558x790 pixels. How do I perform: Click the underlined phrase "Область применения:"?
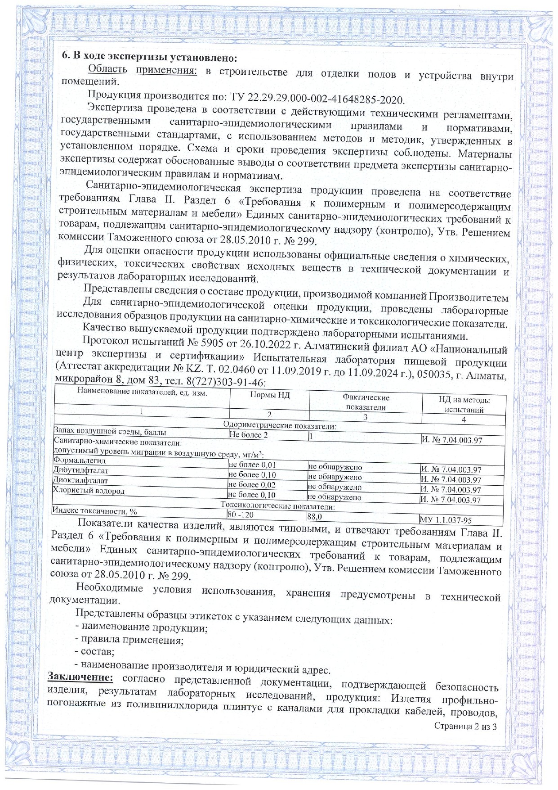pyautogui.click(x=142, y=70)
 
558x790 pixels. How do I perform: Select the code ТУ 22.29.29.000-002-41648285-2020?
pyautogui.click(x=317, y=99)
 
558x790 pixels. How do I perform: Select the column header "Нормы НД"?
pyautogui.click(x=270, y=395)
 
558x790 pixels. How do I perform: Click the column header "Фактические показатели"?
pyautogui.click(x=366, y=402)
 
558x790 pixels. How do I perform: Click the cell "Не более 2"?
pyautogui.click(x=248, y=435)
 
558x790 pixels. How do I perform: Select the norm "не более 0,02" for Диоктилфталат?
pyautogui.click(x=252, y=485)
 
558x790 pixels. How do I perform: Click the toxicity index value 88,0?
pyautogui.click(x=315, y=517)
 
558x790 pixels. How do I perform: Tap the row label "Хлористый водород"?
pyautogui.click(x=89, y=490)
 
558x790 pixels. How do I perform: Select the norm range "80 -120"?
pyautogui.click(x=241, y=515)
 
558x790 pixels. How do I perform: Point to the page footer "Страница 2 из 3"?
pyautogui.click(x=465, y=726)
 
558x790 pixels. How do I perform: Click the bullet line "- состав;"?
pyautogui.click(x=94, y=651)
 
